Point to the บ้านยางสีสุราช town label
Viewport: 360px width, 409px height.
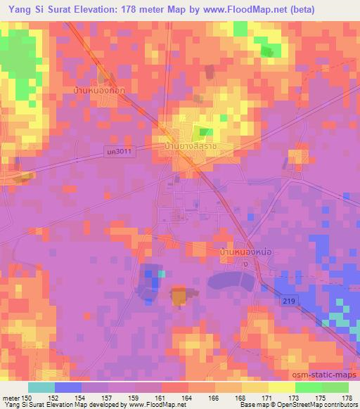coord(190,145)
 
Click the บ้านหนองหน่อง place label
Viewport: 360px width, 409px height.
coord(245,252)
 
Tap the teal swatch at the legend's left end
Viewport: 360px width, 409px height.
coord(41,387)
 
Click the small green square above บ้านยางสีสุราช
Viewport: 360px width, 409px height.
coord(205,132)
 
